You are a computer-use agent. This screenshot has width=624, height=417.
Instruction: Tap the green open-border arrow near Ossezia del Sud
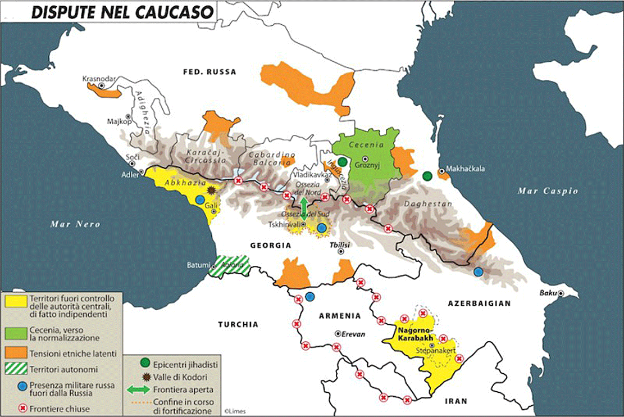[x=304, y=206]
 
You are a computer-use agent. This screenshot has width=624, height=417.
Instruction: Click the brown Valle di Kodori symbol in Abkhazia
[x=211, y=191]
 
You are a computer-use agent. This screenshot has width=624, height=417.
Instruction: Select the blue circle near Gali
[x=199, y=200]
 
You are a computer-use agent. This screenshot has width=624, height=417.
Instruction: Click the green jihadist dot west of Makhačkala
[x=427, y=176]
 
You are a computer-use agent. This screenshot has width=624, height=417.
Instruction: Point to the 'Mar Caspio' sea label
[x=548, y=191]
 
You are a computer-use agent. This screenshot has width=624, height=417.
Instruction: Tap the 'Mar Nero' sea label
[x=75, y=224]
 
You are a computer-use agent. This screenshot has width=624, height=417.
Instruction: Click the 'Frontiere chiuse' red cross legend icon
[x=23, y=409]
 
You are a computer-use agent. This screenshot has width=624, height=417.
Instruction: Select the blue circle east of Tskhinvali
[x=321, y=228]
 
